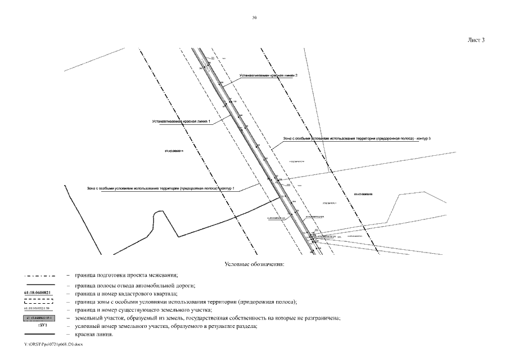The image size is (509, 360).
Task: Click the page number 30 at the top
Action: pyautogui.click(x=254, y=18)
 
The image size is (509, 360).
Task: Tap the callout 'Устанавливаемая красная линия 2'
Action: pyautogui.click(x=268, y=75)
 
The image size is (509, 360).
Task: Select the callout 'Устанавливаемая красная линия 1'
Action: pyautogui.click(x=181, y=121)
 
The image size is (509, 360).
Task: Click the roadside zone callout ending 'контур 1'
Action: pyautogui.click(x=160, y=188)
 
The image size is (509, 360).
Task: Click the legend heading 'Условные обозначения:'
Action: pyautogui.click(x=254, y=264)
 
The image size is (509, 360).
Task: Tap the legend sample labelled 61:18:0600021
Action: pyautogui.click(x=38, y=293)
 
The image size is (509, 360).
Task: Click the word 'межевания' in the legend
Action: pyautogui.click(x=164, y=275)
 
